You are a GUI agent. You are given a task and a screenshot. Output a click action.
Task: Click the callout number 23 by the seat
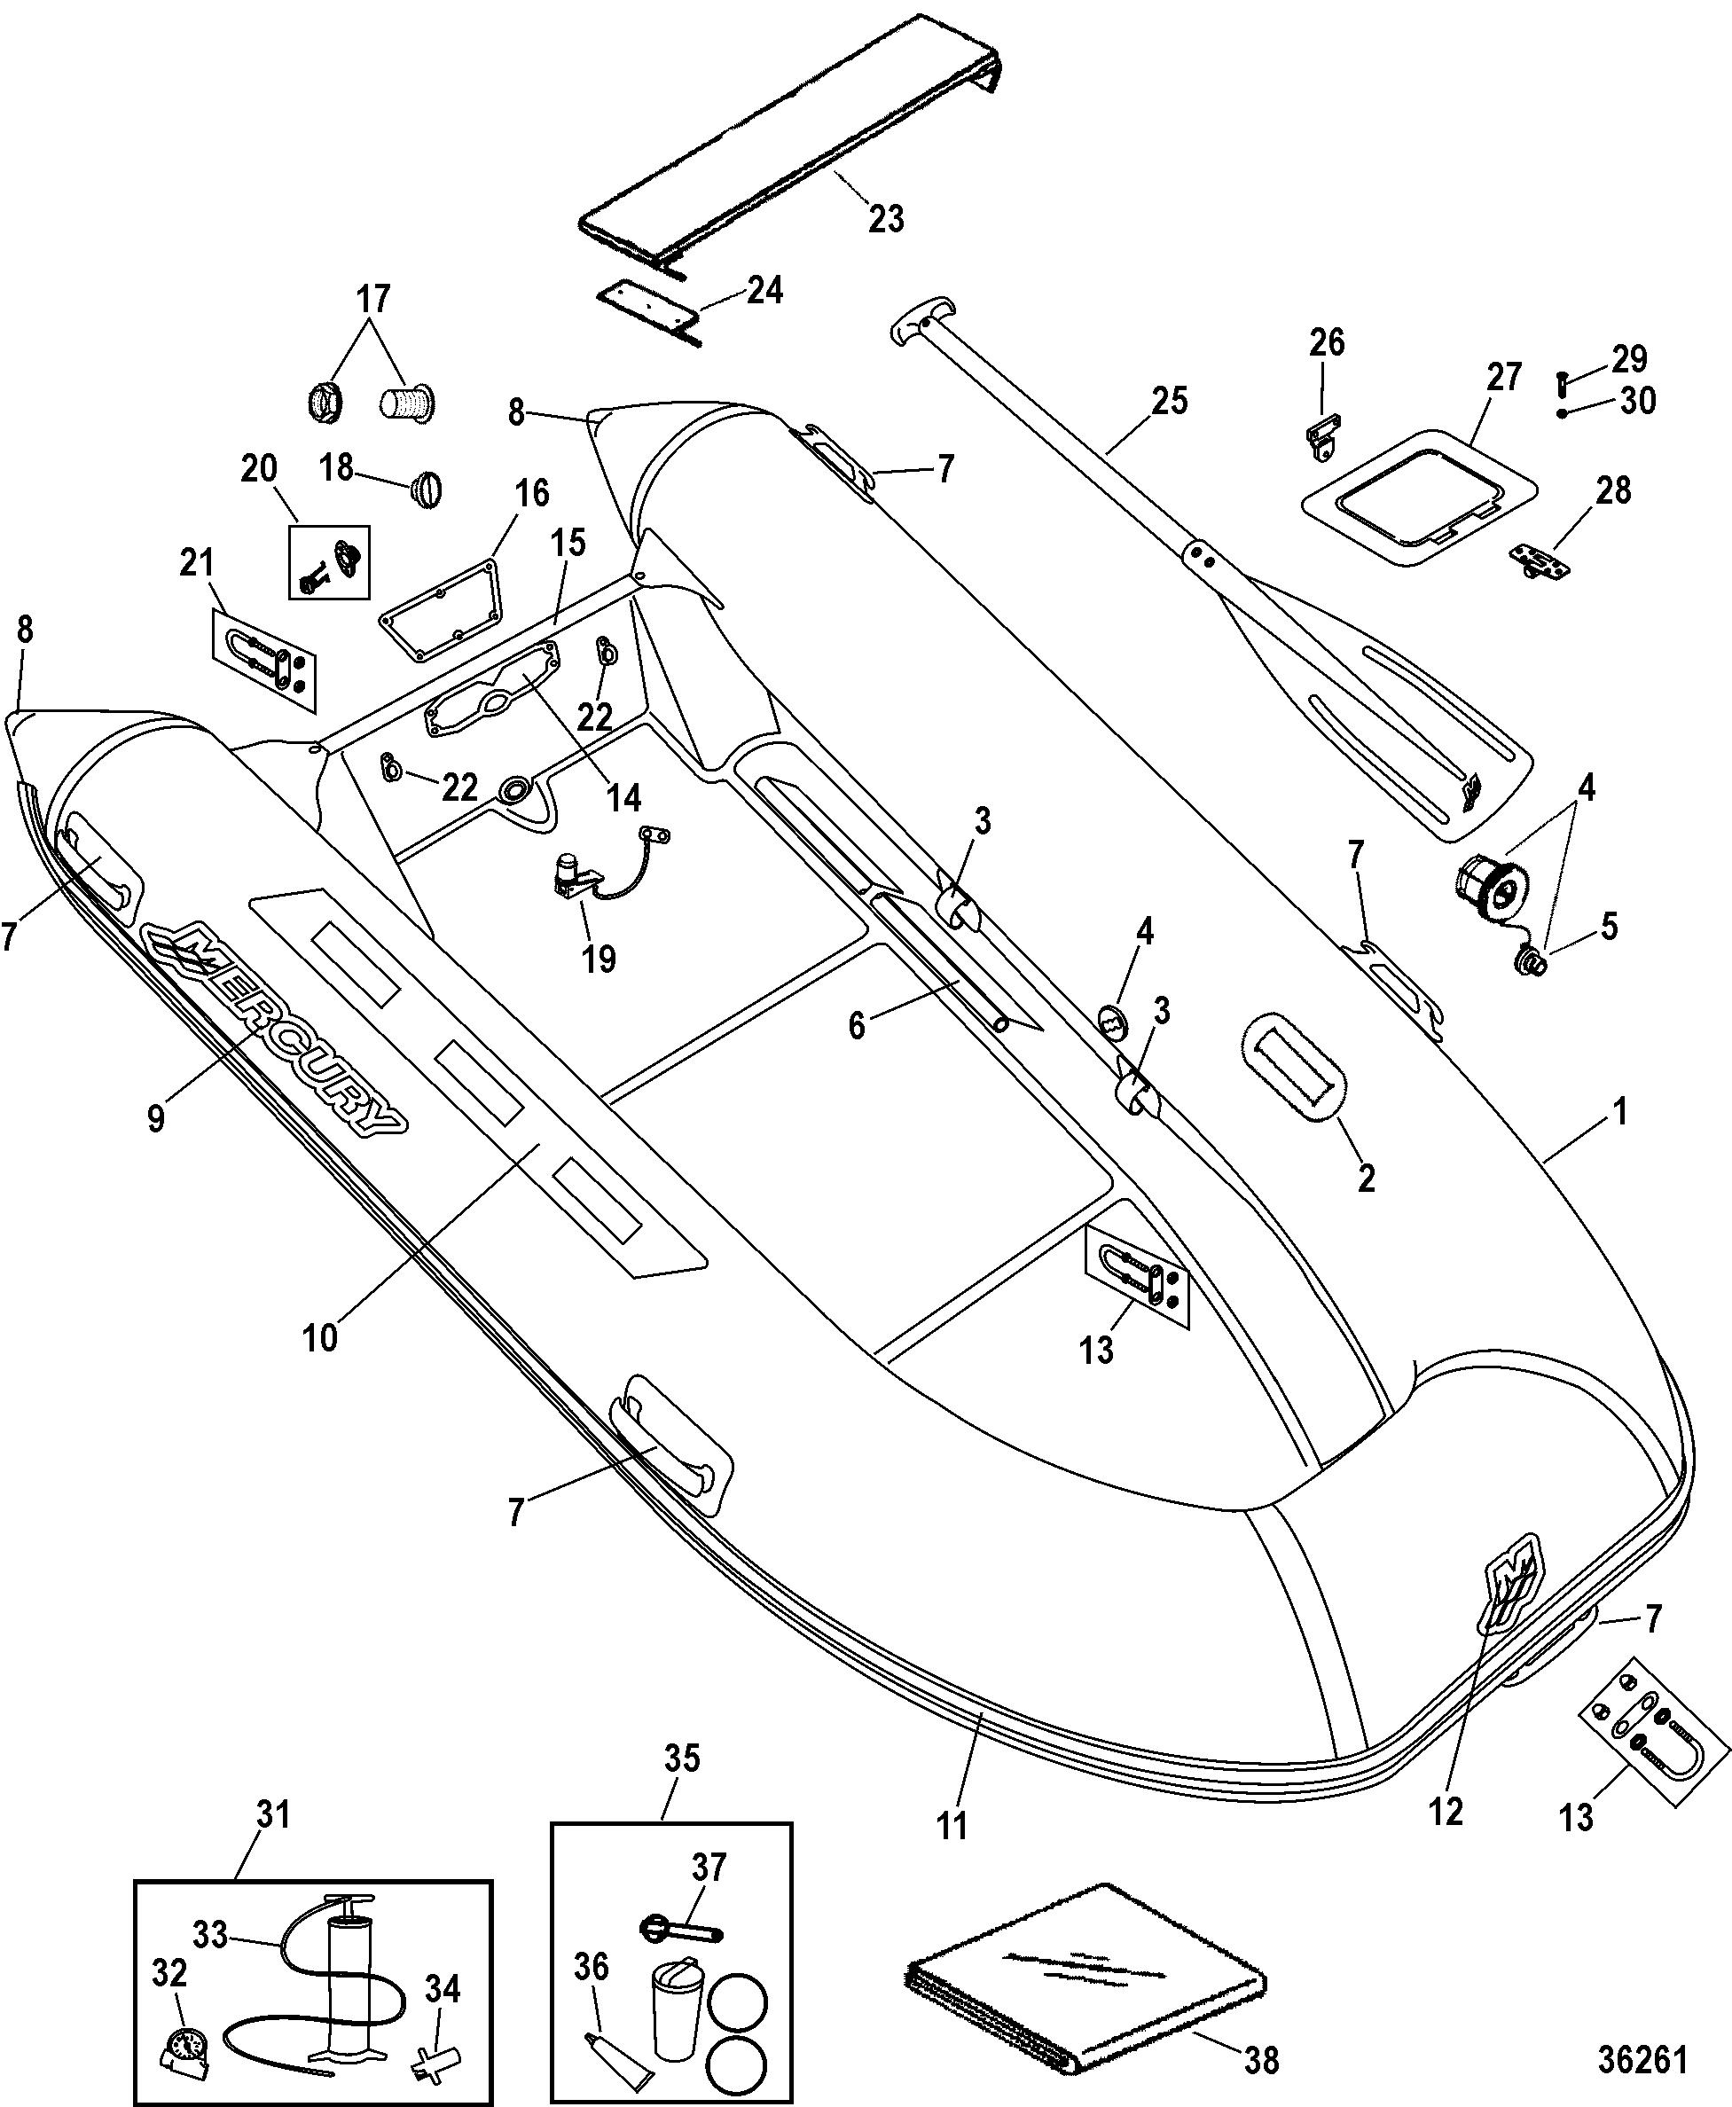pyautogui.click(x=886, y=218)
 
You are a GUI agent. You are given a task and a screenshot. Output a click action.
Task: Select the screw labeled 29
pyautogui.click(x=1563, y=380)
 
